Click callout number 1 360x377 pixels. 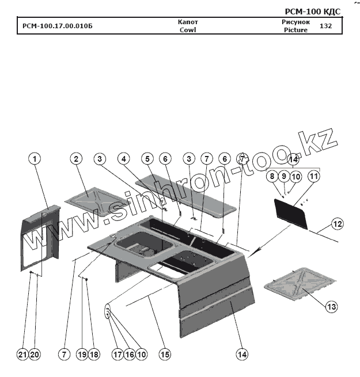point(36,158)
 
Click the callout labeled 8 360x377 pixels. point(271,177)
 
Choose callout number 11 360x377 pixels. point(313,177)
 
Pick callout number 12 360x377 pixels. point(337,223)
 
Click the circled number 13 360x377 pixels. point(331,307)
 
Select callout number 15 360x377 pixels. point(165,355)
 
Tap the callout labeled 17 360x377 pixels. point(118,355)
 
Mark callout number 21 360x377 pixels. point(22,355)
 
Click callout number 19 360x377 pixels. point(82,355)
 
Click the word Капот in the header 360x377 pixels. point(188,22)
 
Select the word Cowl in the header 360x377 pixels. point(188,30)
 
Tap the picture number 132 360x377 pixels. point(325,26)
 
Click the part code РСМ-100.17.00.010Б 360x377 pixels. point(57,26)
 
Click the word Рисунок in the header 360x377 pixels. point(295,22)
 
